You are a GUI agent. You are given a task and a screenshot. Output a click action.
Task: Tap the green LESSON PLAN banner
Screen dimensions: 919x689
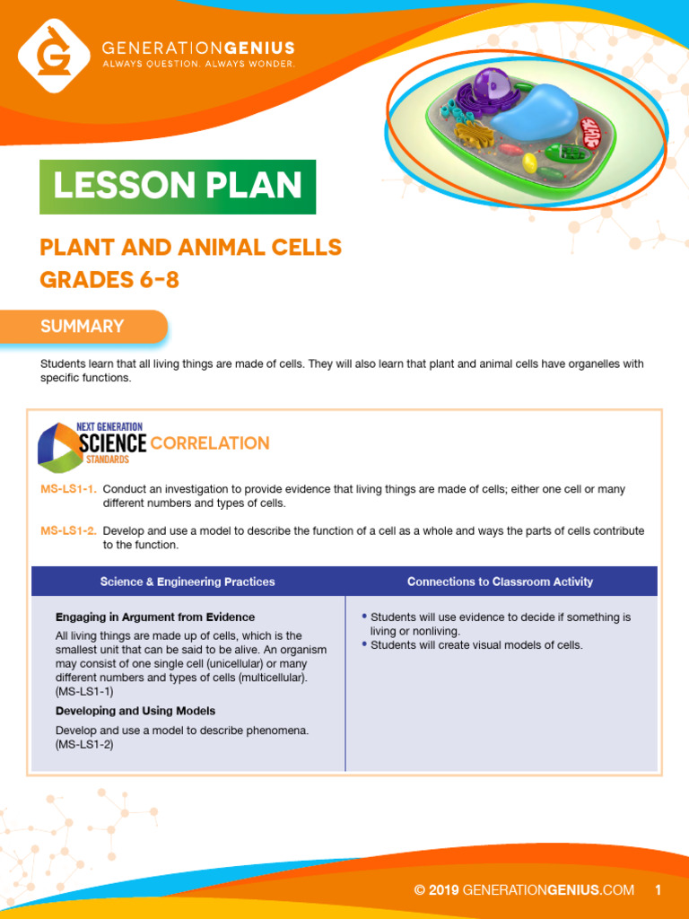178,187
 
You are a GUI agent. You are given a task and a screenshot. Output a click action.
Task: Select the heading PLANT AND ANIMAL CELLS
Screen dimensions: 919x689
191,247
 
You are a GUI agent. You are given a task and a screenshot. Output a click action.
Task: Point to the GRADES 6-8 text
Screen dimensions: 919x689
109,280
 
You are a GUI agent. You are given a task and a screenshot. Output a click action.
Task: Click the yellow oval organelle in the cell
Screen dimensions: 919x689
530,162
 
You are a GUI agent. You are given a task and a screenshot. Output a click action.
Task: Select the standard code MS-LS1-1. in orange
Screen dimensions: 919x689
68,489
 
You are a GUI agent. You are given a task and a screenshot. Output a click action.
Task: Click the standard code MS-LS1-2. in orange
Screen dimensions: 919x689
68,530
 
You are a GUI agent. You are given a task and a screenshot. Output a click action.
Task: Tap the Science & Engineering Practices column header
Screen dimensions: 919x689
188,582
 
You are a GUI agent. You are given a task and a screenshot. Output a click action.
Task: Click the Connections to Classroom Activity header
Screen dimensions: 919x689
500,582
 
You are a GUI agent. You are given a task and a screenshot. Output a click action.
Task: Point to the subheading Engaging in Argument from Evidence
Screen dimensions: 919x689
155,617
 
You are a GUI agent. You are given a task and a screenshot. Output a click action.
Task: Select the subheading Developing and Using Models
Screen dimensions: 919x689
135,711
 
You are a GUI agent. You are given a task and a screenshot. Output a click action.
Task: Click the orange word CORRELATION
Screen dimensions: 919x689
210,443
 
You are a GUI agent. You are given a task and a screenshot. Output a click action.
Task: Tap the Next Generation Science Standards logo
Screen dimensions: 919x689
90,443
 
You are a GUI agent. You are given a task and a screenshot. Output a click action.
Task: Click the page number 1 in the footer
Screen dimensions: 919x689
658,890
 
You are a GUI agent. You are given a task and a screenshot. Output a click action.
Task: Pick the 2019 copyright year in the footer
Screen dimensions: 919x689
444,890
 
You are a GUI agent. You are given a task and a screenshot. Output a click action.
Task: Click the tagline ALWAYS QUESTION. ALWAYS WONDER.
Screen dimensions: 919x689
198,64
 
